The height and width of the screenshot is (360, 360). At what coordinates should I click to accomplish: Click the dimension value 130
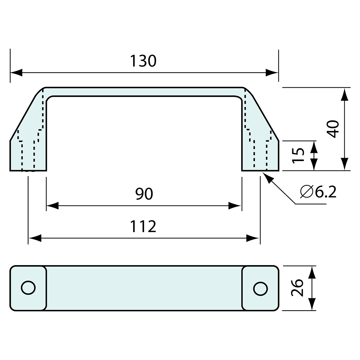[143, 61]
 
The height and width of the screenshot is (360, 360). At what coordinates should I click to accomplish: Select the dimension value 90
[144, 194]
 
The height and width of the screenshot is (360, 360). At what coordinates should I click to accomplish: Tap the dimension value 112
[143, 226]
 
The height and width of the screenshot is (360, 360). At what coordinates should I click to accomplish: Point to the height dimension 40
[333, 129]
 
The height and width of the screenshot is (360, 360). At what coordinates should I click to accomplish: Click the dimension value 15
[298, 155]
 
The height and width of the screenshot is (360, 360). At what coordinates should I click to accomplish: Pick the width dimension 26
[297, 288]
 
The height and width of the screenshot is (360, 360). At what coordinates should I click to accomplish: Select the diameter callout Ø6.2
[318, 192]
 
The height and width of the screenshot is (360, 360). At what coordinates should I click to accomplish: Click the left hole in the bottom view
[28, 288]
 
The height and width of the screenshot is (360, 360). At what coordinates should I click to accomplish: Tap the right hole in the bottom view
[261, 289]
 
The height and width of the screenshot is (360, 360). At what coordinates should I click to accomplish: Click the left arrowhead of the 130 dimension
[16, 73]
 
